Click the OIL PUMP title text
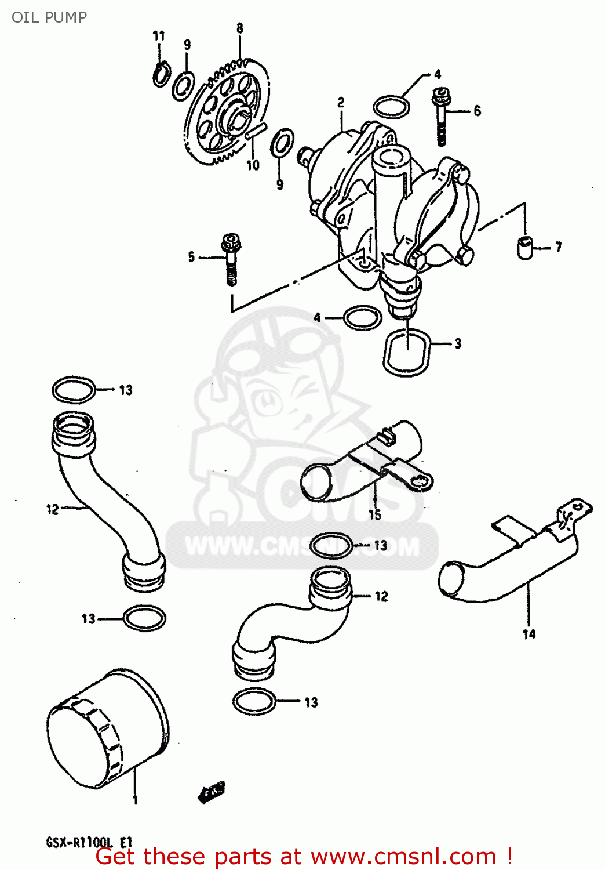49,17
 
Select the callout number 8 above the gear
239,28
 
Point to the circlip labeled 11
162,74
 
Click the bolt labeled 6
441,116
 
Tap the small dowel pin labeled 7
524,247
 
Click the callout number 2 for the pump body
341,103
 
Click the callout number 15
375,514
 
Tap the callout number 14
529,634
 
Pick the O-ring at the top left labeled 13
74,390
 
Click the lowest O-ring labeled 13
254,702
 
